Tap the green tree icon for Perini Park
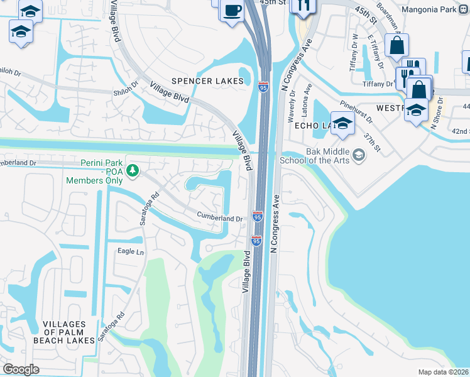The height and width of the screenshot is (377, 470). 133,170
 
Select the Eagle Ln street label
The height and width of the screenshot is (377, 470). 131,252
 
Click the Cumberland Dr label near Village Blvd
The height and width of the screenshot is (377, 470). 220,218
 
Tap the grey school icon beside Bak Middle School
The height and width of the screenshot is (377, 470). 359,155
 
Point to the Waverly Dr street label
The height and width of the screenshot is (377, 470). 291,109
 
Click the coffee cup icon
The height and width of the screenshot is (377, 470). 232,11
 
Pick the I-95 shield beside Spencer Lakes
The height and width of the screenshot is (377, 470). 263,87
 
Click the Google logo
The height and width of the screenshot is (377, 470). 21,369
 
